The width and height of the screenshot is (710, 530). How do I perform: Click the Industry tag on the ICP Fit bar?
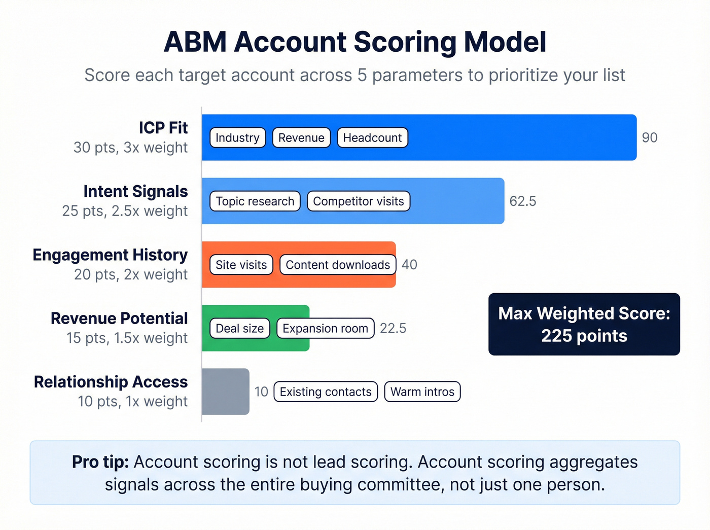[237, 137]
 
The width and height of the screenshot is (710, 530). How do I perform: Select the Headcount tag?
[372, 137]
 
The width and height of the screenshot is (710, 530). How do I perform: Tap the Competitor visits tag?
[358, 201]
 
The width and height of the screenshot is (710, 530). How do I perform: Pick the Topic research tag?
[255, 201]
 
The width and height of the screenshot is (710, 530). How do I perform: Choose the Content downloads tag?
[338, 265]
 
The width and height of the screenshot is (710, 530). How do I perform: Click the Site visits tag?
[241, 265]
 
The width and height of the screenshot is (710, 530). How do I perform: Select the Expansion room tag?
[325, 328]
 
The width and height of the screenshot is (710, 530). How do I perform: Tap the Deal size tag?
[239, 328]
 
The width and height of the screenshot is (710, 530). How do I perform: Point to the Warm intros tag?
[422, 392]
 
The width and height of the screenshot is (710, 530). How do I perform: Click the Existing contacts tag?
[326, 392]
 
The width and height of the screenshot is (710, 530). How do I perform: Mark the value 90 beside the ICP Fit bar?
[650, 137]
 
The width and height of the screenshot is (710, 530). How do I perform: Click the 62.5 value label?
[522, 201]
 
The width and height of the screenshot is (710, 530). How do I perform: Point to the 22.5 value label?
[393, 328]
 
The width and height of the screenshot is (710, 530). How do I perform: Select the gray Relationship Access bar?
[226, 392]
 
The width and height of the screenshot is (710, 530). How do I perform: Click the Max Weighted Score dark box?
[584, 324]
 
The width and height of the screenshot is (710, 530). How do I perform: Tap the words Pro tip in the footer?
[100, 462]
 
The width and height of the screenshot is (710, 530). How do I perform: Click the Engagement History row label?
[110, 255]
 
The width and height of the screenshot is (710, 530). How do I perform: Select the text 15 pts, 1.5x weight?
[127, 338]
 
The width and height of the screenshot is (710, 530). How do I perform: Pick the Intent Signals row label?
[135, 191]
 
